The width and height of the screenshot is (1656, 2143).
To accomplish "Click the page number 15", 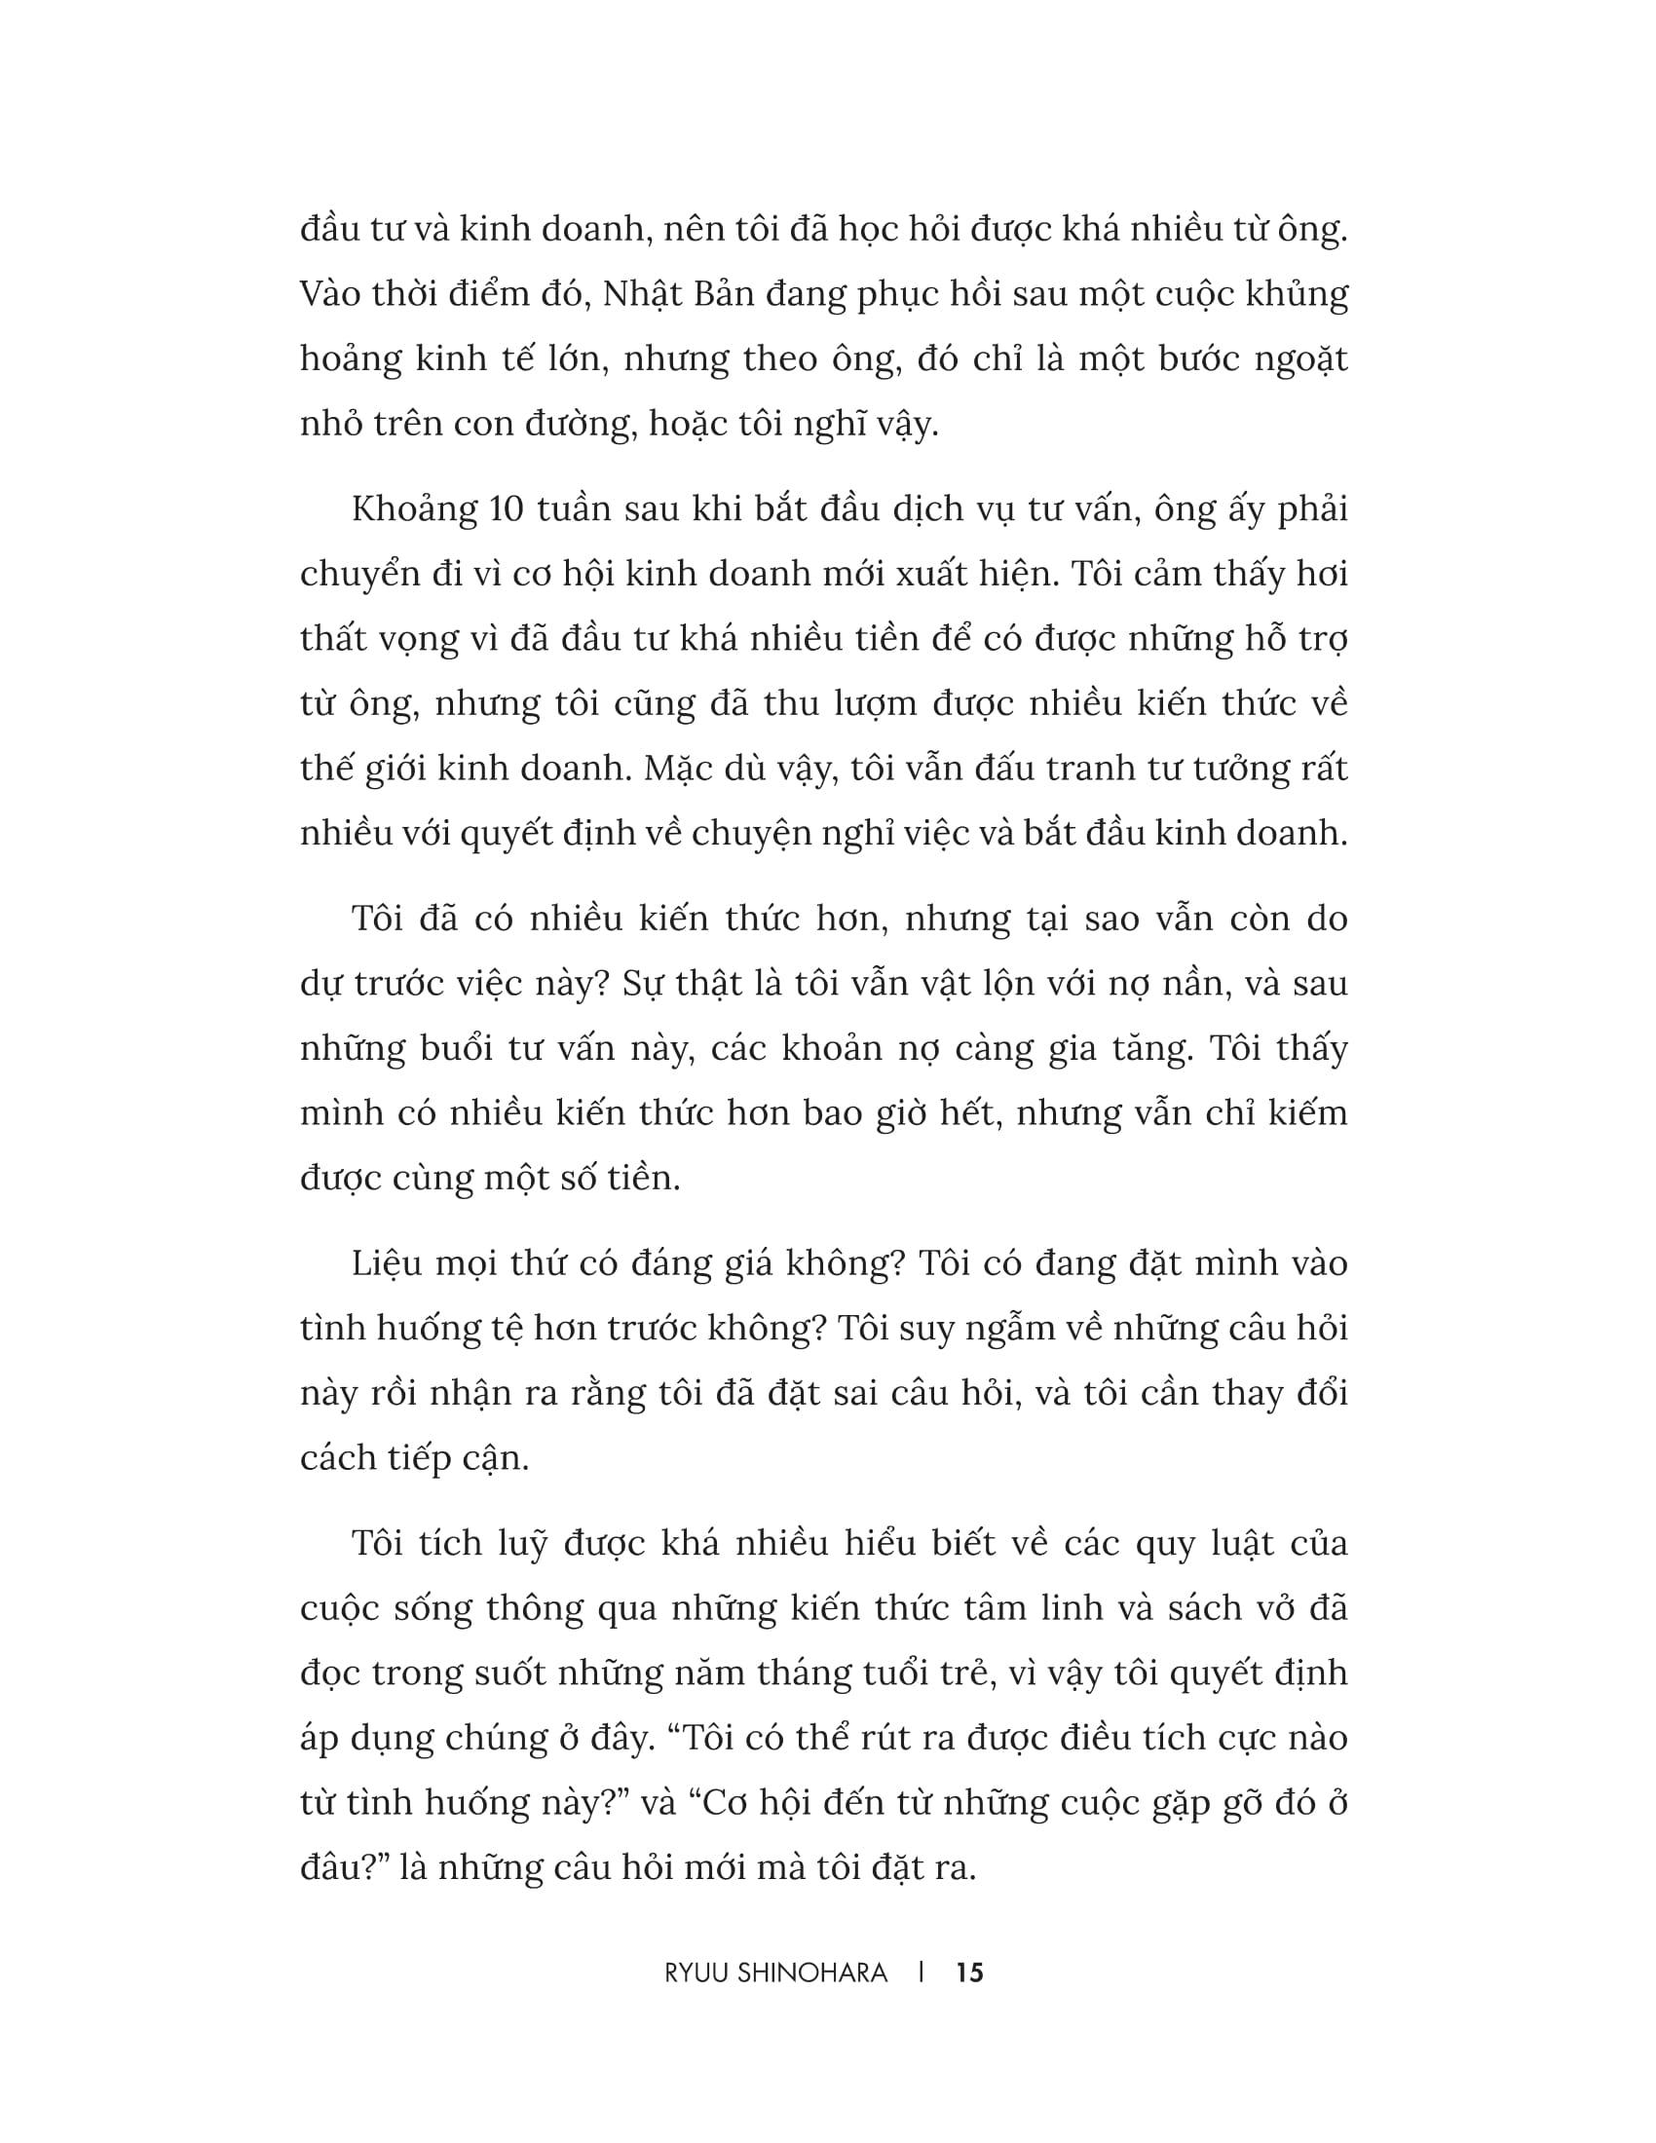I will click(969, 1973).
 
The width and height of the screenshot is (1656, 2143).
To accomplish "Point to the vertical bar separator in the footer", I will click(922, 1973).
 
